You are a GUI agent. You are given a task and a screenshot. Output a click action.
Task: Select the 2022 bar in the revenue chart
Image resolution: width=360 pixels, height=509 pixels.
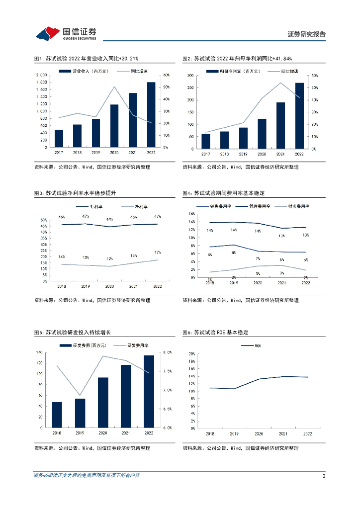pyautogui.click(x=151, y=115)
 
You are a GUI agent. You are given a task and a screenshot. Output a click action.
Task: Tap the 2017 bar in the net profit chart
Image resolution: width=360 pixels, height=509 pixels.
pyautogui.click(x=205, y=141)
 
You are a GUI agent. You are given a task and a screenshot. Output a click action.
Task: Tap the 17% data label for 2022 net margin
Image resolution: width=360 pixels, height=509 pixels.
pyautogui.click(x=157, y=253)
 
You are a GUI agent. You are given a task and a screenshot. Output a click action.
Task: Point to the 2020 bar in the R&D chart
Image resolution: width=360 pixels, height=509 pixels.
pyautogui.click(x=103, y=402)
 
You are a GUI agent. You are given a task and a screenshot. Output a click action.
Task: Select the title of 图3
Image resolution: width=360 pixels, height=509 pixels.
pyautogui.click(x=75, y=193)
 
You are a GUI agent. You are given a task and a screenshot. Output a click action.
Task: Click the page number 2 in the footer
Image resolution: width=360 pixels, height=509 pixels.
pyautogui.click(x=324, y=476)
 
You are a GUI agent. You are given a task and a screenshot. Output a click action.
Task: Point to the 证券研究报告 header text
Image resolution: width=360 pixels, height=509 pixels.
pyautogui.click(x=307, y=34)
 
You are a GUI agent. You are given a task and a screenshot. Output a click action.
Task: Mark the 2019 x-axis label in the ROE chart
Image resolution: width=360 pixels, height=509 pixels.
pyautogui.click(x=234, y=433)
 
